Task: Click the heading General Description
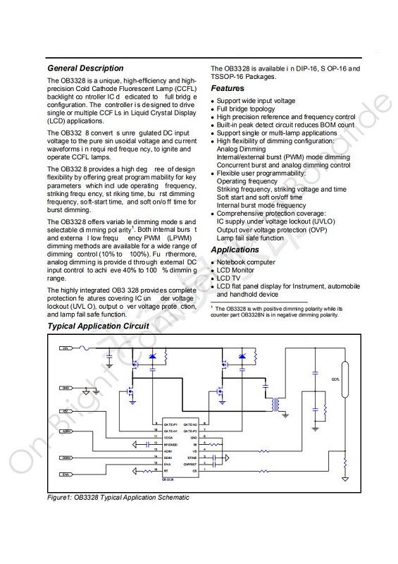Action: click(85, 68)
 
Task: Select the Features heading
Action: click(228, 89)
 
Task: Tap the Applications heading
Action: click(235, 250)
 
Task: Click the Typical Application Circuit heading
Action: click(98, 326)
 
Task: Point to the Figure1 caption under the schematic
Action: click(118, 497)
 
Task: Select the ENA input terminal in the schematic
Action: click(66, 475)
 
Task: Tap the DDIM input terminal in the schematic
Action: click(66, 457)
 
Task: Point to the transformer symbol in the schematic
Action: click(278, 405)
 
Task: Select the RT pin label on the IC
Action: click(166, 470)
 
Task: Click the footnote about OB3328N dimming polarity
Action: click(278, 312)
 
